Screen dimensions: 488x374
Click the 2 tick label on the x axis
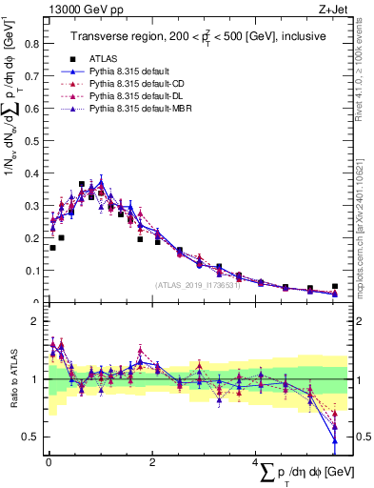pos(153,462)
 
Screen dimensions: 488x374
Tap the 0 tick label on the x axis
pos(49,462)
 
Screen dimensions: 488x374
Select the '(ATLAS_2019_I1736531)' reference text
pos(196,284)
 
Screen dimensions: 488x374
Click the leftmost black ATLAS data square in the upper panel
pos(52,248)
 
